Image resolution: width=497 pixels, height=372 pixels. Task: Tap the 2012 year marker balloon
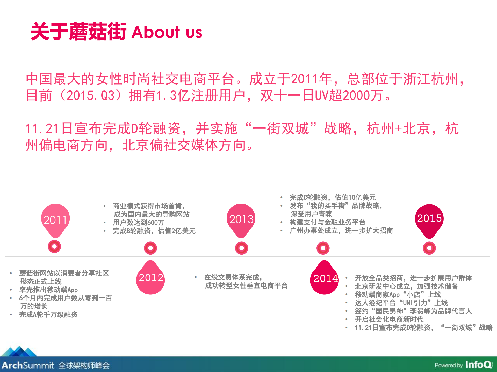pos(151,278)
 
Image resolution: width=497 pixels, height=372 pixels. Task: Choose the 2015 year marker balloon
pos(429,218)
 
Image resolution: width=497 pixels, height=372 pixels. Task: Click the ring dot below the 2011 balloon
pos(54,246)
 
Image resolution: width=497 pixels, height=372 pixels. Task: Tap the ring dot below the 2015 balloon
pos(429,248)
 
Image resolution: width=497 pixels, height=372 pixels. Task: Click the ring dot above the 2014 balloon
pos(323,248)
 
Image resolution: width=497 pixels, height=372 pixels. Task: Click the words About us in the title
pos(167,32)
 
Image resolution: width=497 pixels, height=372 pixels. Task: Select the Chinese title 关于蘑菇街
pos(78,32)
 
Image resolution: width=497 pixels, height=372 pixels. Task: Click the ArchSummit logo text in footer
pos(28,365)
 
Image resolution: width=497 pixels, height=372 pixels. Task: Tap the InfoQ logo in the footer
pos(479,365)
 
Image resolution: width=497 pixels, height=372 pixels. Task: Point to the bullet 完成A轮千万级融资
pos(48,315)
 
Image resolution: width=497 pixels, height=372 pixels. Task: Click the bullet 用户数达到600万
pos(139,223)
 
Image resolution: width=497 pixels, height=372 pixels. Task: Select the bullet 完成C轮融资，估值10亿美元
pos(332,198)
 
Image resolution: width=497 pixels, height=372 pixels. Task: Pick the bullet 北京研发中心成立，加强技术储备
pos(406,286)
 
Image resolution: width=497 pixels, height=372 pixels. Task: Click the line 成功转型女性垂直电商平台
pos(246,286)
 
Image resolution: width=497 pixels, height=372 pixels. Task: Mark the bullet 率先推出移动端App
pos(48,290)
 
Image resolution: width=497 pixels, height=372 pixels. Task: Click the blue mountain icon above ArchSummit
pos(19,352)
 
